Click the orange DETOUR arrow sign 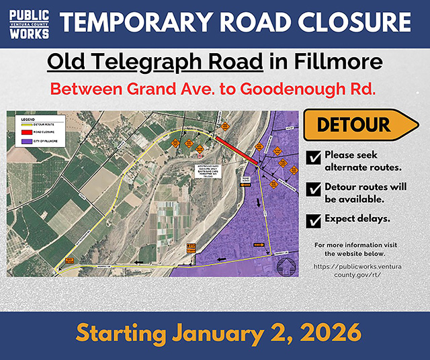click(x=359, y=125)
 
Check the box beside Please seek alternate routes click(x=312, y=158)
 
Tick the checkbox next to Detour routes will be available click(x=312, y=189)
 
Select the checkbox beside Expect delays click(x=312, y=220)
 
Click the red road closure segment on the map click(x=234, y=150)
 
